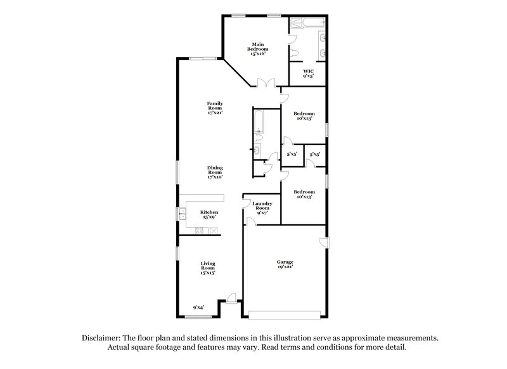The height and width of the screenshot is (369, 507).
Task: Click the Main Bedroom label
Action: coord(258,46)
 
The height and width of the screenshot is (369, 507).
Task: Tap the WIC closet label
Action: coord(309,70)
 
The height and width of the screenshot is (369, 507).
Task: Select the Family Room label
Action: coord(215,105)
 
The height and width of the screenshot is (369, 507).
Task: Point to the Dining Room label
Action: coord(215,170)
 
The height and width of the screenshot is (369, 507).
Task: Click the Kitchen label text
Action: coord(210,212)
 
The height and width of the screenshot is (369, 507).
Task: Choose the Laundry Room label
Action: coord(263,205)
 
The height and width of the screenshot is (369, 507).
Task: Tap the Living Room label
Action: coord(209,265)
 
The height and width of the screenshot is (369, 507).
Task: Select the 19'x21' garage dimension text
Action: coord(285,267)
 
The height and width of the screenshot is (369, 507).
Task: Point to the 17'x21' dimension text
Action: coord(215,112)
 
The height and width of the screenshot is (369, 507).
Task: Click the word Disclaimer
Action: coord(102,339)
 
